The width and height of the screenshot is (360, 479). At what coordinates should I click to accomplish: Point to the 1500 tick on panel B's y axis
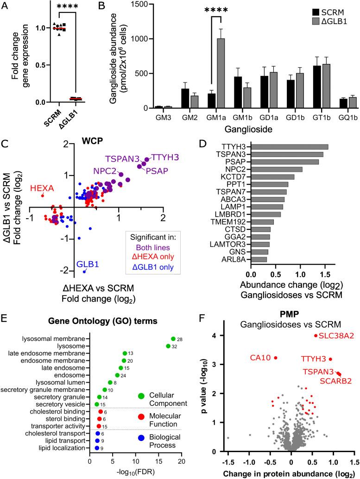pos(135,4)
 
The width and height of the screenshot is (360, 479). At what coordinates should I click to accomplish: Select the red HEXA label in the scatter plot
pos(42,188)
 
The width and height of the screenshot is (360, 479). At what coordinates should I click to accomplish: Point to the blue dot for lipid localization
pos(96,448)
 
